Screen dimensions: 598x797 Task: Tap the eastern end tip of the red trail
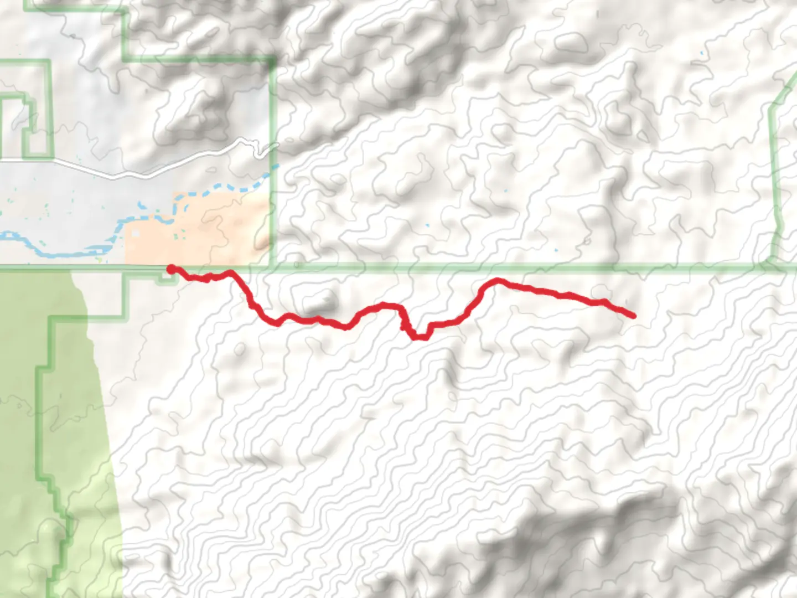click(x=633, y=316)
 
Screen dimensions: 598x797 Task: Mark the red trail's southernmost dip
click(x=418, y=337)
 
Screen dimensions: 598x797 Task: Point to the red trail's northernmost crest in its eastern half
click(x=497, y=281)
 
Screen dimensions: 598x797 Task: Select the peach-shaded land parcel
click(x=221, y=233)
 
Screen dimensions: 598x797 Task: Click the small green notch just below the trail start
click(x=166, y=280)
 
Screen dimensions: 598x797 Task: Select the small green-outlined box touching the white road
click(x=25, y=127)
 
